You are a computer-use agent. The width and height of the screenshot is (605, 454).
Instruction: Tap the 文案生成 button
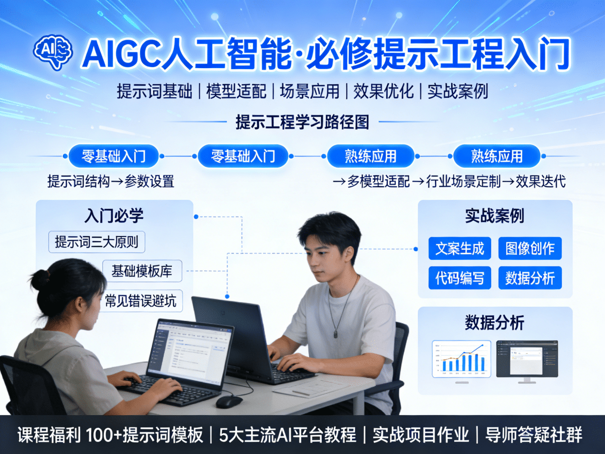[459, 249]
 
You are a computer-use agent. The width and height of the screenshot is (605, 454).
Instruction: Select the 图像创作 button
[530, 249]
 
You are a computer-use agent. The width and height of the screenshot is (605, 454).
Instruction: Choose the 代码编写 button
[459, 278]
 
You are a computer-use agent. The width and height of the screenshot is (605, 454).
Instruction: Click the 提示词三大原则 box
[96, 242]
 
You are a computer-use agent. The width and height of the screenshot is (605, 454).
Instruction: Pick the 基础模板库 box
[142, 271]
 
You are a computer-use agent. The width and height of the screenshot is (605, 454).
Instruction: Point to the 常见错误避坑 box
[141, 301]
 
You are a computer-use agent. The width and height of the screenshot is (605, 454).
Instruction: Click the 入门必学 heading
[114, 215]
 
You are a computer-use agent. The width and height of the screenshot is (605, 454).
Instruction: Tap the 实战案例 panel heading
[495, 216]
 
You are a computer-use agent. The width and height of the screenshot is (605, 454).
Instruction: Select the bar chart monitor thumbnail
[461, 359]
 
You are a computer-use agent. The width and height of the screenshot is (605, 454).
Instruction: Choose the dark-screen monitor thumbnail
[527, 359]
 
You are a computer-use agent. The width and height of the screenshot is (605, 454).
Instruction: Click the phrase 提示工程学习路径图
[302, 122]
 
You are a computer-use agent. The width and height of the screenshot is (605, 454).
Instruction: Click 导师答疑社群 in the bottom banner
[533, 435]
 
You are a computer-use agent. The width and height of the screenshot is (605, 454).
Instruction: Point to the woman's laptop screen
[194, 349]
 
